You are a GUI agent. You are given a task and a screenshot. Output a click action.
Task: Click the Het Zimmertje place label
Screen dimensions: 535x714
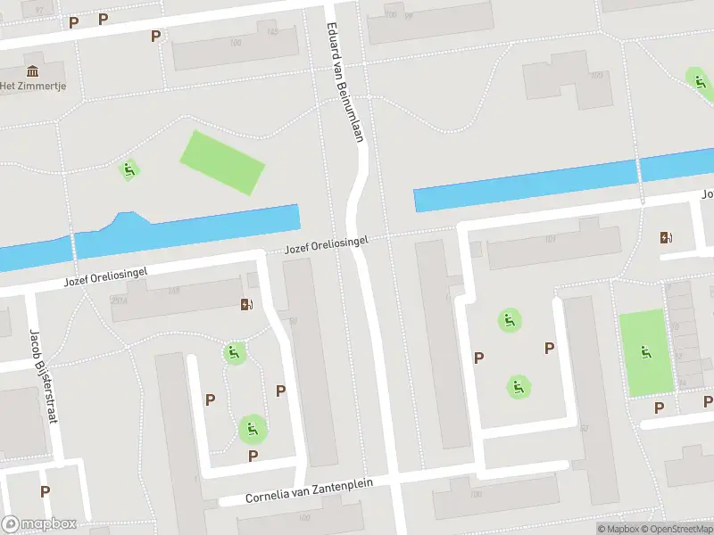coord(33,86)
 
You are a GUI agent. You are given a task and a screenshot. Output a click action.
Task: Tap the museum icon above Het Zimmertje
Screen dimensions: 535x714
coord(33,70)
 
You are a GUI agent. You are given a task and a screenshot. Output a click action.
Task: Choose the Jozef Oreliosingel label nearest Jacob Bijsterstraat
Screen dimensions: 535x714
coord(104,276)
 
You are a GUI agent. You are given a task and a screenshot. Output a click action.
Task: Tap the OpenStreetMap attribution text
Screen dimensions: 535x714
coord(679,529)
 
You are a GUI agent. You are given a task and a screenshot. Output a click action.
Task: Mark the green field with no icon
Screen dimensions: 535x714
coord(223,161)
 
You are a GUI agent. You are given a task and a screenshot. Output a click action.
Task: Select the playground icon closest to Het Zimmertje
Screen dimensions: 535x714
coord(129,169)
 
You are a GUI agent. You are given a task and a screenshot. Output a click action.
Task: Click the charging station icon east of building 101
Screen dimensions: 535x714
coord(665,237)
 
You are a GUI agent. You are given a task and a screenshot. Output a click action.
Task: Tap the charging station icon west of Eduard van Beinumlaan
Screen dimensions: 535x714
coord(247,305)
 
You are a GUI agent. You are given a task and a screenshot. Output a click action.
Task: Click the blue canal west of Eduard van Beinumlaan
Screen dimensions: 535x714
coord(178,229)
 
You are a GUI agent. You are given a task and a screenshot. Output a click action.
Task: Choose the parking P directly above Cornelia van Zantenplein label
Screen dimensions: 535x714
coord(253,457)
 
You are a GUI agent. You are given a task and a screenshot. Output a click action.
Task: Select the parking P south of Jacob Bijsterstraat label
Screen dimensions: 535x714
coord(45,491)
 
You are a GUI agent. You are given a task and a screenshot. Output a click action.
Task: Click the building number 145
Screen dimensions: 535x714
coord(272,33)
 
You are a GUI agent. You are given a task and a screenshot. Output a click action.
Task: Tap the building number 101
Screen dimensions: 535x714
coord(550,239)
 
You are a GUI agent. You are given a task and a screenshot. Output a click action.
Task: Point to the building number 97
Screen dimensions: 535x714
coord(37,8)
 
